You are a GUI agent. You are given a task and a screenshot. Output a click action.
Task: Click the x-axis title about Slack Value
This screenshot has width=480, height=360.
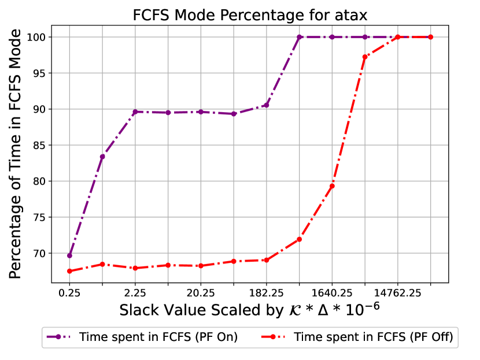pos(249,310)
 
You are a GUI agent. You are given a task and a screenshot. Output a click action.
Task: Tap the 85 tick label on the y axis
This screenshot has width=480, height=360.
pos(40,145)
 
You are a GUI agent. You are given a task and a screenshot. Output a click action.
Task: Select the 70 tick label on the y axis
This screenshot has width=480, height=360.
pos(40,253)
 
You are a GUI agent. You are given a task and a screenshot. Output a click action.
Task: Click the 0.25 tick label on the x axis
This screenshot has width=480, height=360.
pos(69,292)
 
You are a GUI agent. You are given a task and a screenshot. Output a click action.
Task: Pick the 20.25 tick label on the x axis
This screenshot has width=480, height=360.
pos(201,292)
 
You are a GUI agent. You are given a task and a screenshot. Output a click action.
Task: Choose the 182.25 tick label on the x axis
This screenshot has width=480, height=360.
pos(266,292)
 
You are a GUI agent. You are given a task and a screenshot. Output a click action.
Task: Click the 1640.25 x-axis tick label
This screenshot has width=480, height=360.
pos(332,292)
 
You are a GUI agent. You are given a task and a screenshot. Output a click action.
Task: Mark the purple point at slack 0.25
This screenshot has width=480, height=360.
pos(69,255)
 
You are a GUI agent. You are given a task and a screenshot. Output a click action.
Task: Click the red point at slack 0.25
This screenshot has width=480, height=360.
pos(69,271)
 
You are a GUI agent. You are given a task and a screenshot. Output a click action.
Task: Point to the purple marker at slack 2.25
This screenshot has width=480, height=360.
pos(135,112)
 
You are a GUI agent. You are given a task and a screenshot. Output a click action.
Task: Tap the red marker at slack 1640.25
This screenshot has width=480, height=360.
pos(332,186)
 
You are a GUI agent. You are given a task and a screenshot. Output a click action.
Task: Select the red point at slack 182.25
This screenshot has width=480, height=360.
pos(267,260)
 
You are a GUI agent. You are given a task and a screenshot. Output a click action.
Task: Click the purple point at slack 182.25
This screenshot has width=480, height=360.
pos(267,105)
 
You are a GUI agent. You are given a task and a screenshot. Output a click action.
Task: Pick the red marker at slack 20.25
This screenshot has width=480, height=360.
pos(201,266)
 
